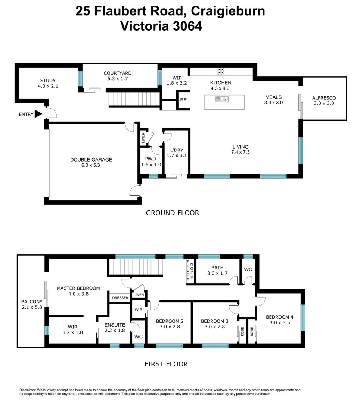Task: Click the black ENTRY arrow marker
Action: [x=38, y=115]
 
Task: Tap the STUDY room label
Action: [x=48, y=81]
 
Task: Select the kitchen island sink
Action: [x=221, y=99]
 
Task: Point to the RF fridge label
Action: [x=183, y=100]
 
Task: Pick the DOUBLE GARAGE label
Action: [x=91, y=160]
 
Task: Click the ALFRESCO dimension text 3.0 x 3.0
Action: [x=324, y=104]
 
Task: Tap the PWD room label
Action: [x=145, y=158]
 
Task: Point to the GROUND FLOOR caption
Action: [x=172, y=213]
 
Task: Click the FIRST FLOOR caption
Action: [x=166, y=364]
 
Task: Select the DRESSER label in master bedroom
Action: [x=120, y=298]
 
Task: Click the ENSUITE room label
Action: [x=115, y=325]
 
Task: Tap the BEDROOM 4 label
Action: [x=279, y=317]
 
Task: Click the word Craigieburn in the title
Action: [x=228, y=11]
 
